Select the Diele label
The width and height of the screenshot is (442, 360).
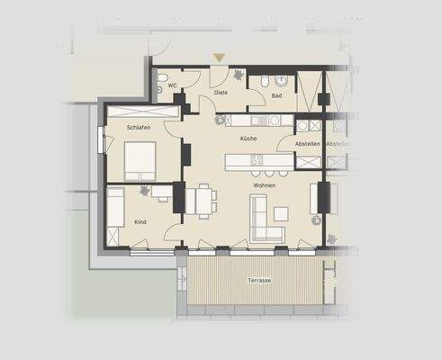220,92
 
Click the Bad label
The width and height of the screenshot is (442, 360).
276,95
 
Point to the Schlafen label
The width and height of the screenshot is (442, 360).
139,128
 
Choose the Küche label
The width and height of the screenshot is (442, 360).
248,139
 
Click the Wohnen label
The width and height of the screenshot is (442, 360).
264,185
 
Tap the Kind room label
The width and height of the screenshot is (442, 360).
140,220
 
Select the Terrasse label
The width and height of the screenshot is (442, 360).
259,281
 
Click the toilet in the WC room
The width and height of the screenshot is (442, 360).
159,87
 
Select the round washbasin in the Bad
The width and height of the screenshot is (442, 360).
261,81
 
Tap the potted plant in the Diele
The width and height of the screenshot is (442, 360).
236,76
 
